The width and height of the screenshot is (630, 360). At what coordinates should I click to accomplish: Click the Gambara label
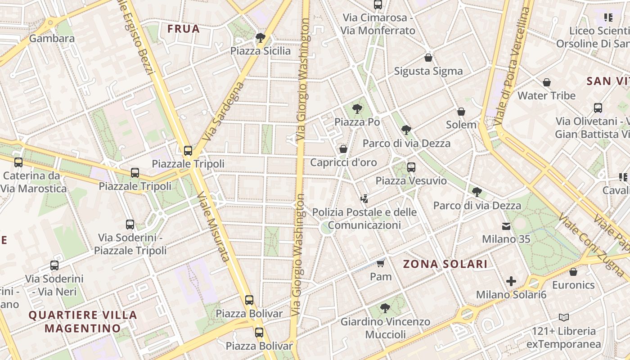pyautogui.click(x=52, y=38)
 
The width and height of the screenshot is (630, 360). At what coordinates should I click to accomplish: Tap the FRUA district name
pyautogui.click(x=183, y=29)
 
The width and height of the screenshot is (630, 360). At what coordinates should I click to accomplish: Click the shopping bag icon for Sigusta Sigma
pyautogui.click(x=428, y=58)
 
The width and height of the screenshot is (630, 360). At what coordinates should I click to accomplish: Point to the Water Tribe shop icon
pyautogui.click(x=547, y=82)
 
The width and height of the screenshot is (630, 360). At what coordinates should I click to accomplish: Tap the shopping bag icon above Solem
pyautogui.click(x=461, y=112)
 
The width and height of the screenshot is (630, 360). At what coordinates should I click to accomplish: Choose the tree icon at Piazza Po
pyautogui.click(x=357, y=108)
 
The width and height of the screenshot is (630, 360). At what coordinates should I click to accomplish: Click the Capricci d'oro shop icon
pyautogui.click(x=343, y=149)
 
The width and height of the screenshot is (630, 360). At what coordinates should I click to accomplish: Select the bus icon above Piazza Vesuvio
pyautogui.click(x=411, y=167)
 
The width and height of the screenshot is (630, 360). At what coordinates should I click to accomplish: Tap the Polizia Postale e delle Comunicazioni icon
pyautogui.click(x=364, y=198)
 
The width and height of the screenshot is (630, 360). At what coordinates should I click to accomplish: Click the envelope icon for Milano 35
pyautogui.click(x=507, y=226)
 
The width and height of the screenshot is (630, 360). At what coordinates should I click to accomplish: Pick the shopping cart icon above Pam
pyautogui.click(x=381, y=263)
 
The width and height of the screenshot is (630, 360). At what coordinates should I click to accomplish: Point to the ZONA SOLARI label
pyautogui.click(x=445, y=264)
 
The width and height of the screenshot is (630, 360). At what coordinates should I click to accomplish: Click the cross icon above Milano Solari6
pyautogui.click(x=511, y=282)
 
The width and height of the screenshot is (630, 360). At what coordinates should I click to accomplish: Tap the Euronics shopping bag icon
pyautogui.click(x=573, y=272)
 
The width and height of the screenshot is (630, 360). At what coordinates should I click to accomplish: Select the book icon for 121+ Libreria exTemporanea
pyautogui.click(x=564, y=318)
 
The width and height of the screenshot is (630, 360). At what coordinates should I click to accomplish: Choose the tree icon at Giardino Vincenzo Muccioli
pyautogui.click(x=385, y=308)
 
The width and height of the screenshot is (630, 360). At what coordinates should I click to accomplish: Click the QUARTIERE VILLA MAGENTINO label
pyautogui.click(x=83, y=321)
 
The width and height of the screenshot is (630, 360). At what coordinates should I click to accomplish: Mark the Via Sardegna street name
pyautogui.click(x=224, y=111)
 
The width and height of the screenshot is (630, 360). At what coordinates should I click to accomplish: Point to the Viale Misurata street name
pyautogui.click(x=214, y=227)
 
